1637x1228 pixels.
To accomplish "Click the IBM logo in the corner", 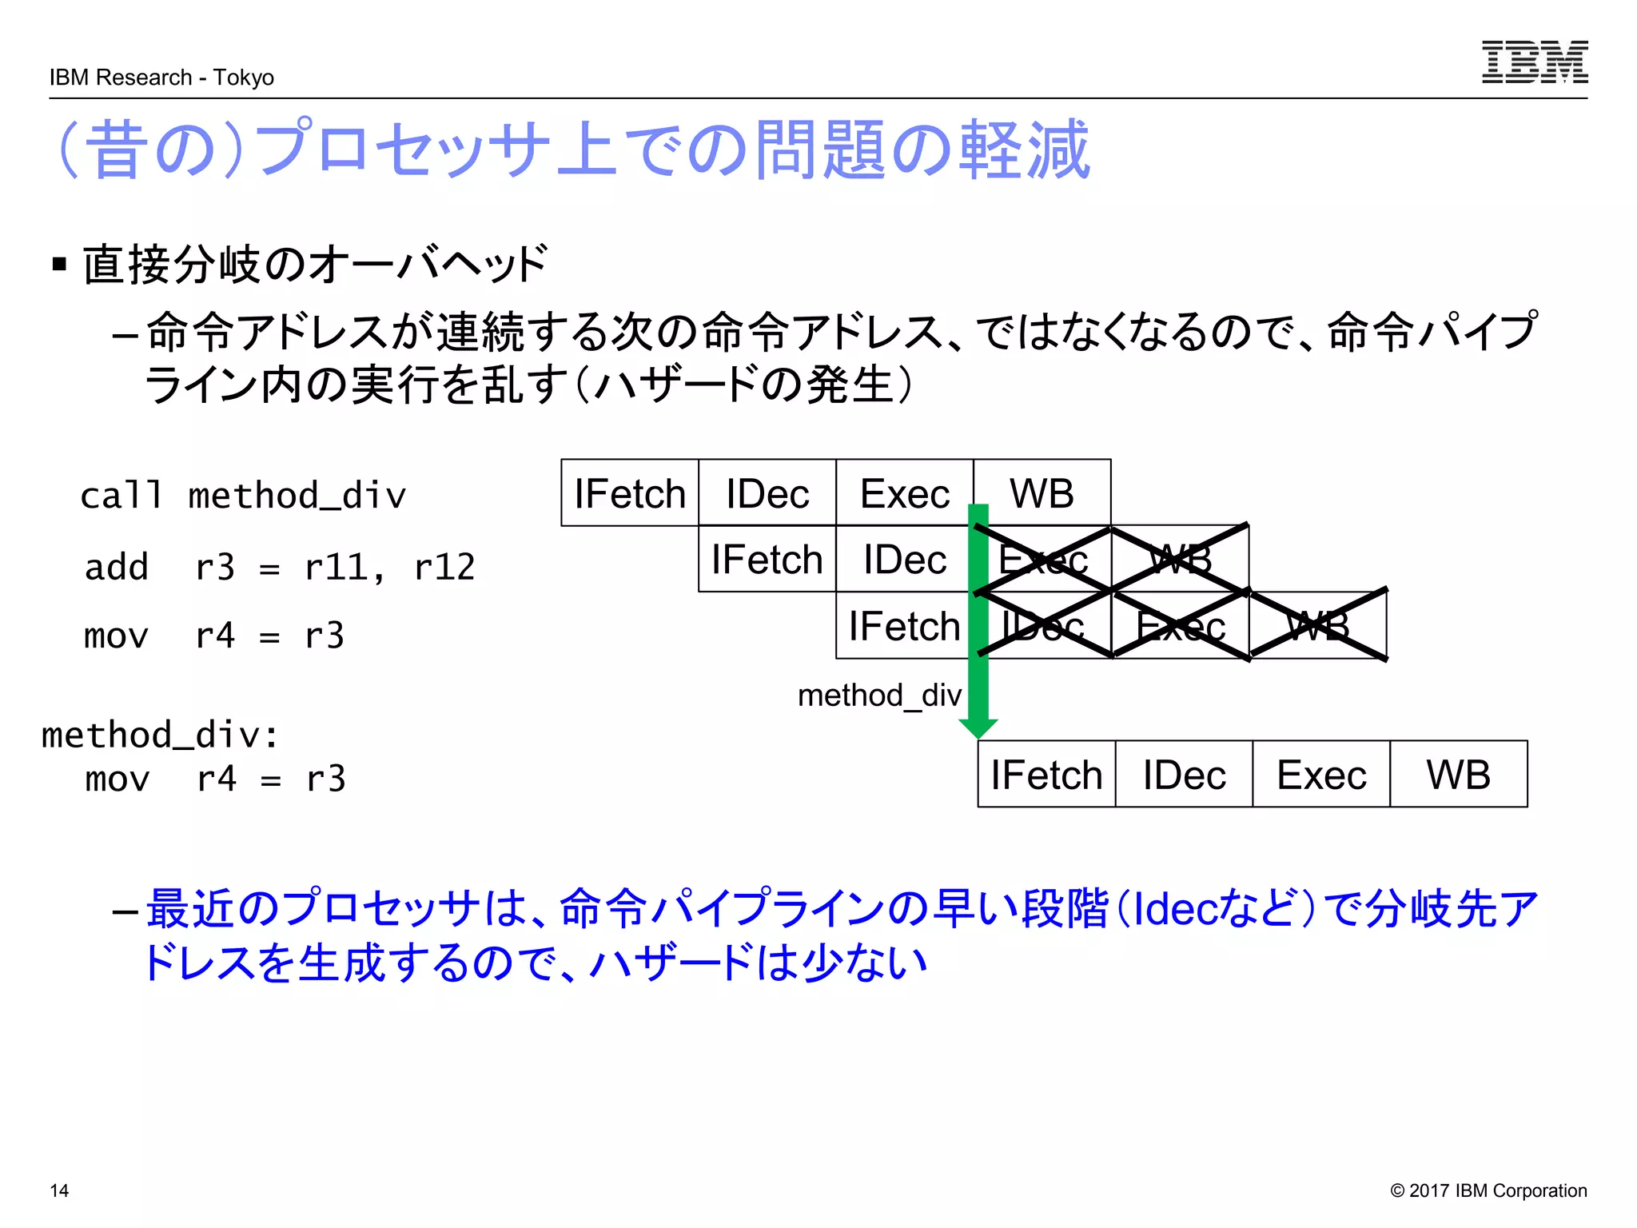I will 1534,62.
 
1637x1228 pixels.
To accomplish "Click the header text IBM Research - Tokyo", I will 161,78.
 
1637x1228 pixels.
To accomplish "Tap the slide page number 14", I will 59,1190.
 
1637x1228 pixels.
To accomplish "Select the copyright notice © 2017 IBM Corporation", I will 1488,1190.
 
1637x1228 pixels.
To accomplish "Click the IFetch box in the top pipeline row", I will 630,493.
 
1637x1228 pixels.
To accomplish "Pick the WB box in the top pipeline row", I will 1042,493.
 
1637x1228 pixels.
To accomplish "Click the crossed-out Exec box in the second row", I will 1042,560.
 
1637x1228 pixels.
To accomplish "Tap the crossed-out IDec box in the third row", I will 1042,626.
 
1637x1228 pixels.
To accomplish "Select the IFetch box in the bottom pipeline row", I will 1046,775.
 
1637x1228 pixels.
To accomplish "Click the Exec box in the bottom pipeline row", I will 1321,775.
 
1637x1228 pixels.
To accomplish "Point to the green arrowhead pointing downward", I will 978,728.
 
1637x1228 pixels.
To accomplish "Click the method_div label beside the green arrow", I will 879,696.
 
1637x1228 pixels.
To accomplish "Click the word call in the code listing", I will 121,496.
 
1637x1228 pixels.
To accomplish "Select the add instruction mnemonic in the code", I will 117,567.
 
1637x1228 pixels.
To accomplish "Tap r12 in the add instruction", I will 444,567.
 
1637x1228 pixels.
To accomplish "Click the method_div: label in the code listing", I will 160,735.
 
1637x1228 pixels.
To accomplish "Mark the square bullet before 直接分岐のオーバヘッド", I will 59,264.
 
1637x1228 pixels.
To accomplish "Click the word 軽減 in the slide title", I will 1025,150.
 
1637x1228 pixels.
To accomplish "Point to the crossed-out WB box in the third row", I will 1318,626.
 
